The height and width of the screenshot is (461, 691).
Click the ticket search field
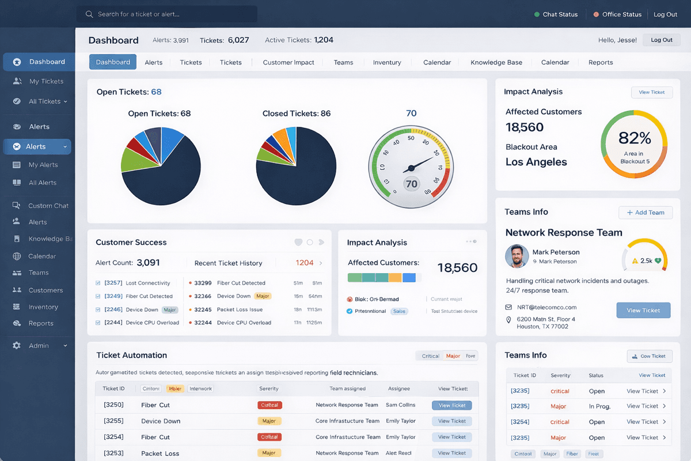[x=167, y=14]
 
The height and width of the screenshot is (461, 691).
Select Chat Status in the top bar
[x=556, y=14]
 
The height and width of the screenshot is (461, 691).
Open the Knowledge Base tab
[x=496, y=62]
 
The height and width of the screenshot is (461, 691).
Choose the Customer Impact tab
[x=288, y=62]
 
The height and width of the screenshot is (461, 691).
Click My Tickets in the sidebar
[x=46, y=81]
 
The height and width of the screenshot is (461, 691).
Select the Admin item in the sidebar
[x=39, y=346]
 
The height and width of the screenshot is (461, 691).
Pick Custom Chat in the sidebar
[x=48, y=206]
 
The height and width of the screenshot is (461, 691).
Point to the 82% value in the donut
[x=635, y=138]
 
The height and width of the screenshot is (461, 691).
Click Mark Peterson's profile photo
[x=517, y=256]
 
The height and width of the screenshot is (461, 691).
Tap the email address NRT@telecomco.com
[x=546, y=307]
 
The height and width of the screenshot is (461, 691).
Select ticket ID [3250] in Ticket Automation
[x=113, y=405]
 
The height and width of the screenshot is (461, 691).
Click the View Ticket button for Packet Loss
[x=452, y=453]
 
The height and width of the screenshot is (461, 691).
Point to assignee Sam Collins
[x=400, y=405]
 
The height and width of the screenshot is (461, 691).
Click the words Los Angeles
[x=536, y=162]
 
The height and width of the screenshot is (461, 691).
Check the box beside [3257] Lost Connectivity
[x=98, y=283]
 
